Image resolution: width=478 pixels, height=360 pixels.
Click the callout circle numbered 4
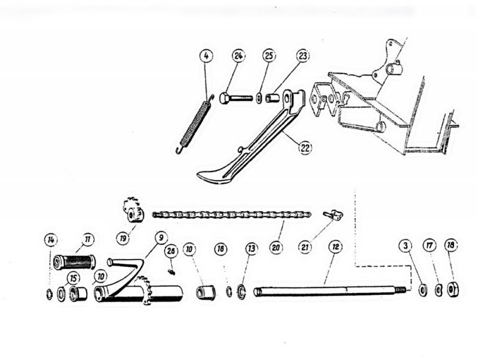(206, 56)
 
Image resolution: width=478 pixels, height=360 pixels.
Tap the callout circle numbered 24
(238, 56)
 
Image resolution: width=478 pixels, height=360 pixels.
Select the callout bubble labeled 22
(305, 148)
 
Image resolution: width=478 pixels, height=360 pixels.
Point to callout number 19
(123, 238)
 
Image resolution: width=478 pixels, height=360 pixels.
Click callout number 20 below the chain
(276, 248)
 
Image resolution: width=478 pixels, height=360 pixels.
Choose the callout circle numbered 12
(335, 247)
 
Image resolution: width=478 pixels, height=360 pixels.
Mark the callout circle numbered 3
(406, 246)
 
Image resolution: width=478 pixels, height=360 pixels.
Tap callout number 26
(171, 251)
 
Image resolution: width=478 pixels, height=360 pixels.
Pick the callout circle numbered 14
(51, 240)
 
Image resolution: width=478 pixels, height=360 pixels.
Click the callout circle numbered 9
(161, 237)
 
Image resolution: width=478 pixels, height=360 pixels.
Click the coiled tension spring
(194, 124)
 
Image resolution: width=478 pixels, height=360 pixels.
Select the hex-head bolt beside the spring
(235, 98)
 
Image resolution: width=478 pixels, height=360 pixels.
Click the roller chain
(232, 215)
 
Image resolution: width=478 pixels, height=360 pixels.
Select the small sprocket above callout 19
(133, 210)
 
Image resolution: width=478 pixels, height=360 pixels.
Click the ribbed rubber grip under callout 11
(74, 263)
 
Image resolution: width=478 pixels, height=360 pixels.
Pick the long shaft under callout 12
(331, 291)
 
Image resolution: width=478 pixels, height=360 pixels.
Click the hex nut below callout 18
(452, 289)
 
